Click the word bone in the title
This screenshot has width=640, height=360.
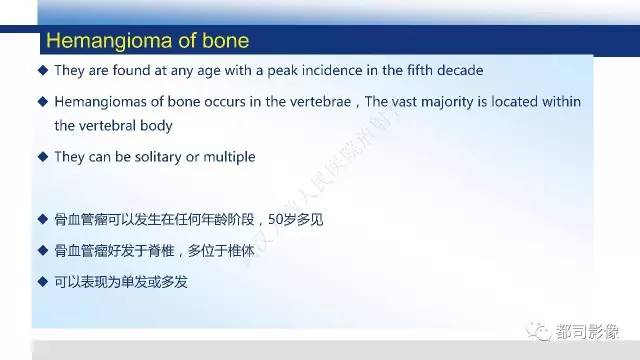click(222, 41)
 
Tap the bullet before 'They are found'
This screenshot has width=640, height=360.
click(42, 71)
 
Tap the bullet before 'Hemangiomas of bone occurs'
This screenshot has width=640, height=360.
click(42, 102)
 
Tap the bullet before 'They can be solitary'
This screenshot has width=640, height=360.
click(42, 157)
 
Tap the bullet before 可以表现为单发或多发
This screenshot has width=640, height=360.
click(42, 282)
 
